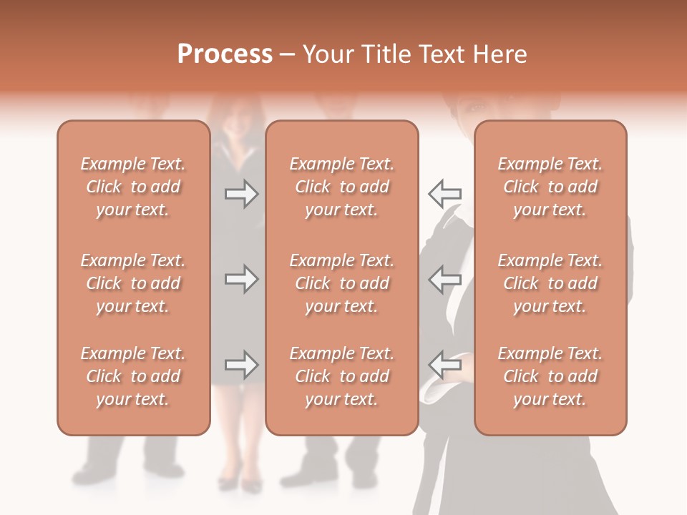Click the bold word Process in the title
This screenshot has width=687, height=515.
(x=225, y=54)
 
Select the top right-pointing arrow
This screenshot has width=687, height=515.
(x=241, y=193)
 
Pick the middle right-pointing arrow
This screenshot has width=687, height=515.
(x=241, y=279)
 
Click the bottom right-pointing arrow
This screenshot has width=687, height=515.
(x=241, y=365)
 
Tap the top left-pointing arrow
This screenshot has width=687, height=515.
(x=444, y=193)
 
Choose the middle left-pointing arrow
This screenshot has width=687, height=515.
(x=444, y=279)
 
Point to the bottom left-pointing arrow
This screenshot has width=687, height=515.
(x=444, y=365)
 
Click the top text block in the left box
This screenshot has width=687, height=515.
(x=133, y=187)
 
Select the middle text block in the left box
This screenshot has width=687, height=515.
(x=133, y=283)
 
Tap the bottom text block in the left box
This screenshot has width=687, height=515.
(x=133, y=376)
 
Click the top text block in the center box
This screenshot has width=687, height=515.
(x=342, y=187)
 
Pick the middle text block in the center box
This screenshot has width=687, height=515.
(x=342, y=283)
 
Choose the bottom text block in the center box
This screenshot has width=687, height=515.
(x=342, y=376)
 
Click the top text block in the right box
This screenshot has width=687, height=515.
(x=550, y=187)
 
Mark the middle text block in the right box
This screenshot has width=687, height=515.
(x=550, y=283)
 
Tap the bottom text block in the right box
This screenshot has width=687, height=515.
(x=550, y=376)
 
